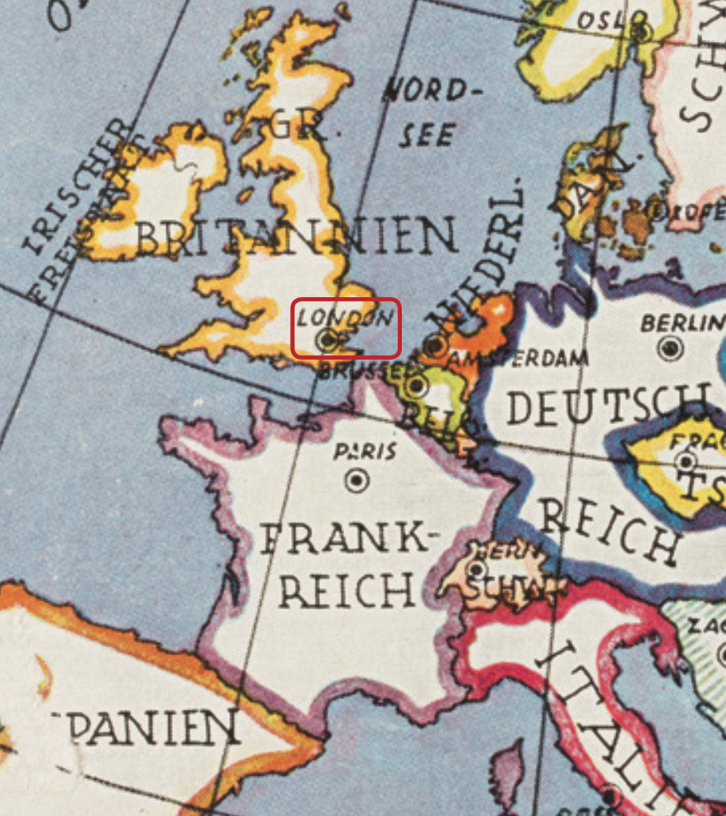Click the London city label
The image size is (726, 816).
[345, 317]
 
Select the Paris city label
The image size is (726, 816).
[365, 452]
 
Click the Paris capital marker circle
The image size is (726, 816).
[357, 480]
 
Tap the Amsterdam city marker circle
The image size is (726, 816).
[437, 345]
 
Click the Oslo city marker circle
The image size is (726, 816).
[641, 32]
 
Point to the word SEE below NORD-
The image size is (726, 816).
[428, 133]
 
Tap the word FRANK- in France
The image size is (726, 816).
[344, 540]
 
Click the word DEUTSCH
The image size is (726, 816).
[607, 405]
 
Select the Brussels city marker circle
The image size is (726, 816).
[418, 385]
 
